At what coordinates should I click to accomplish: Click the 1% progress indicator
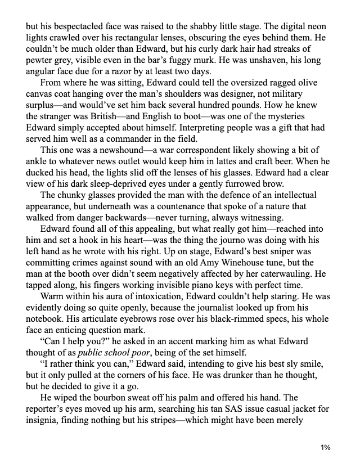[325, 447]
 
